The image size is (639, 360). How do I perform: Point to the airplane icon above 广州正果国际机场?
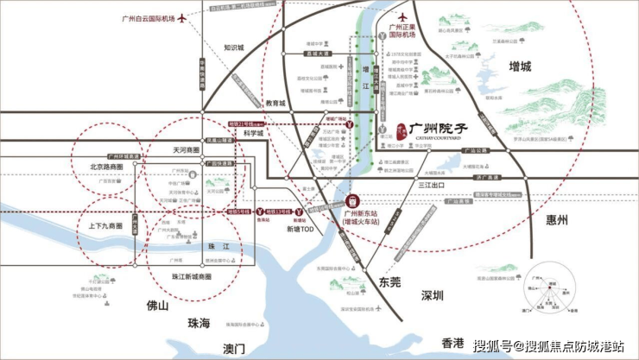point(402,16)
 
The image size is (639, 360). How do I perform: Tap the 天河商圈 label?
point(185,149)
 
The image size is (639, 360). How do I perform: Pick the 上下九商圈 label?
point(104,226)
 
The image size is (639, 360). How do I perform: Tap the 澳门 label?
point(234,348)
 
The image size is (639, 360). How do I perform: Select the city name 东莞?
point(390,281)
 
